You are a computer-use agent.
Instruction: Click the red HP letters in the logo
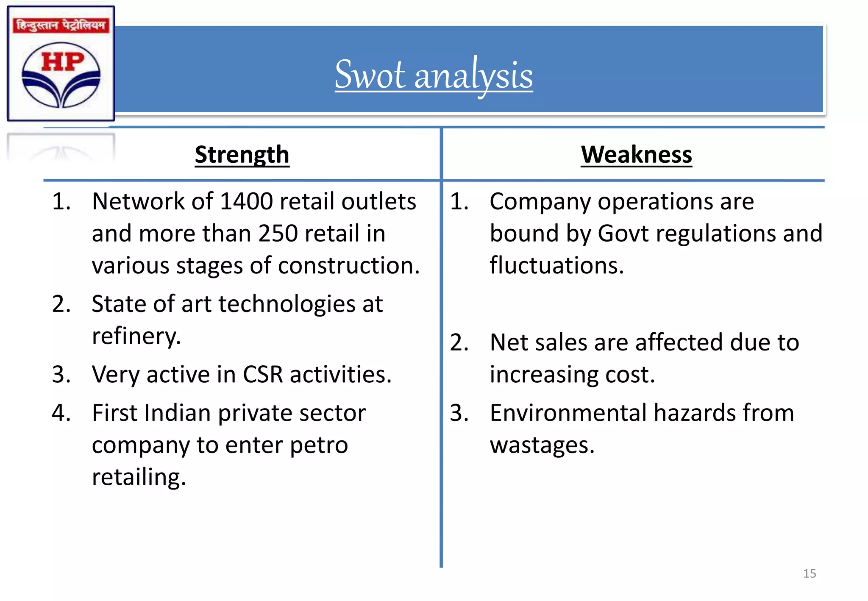pos(62,62)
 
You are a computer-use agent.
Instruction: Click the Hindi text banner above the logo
pos(61,25)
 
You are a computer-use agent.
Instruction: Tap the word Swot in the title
pos(370,75)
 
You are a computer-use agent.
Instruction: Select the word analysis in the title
pos(473,76)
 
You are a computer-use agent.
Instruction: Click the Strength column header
pos(242,154)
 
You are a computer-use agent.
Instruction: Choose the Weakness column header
pos(636,154)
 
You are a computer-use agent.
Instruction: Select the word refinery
pos(136,336)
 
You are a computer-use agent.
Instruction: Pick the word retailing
pos(139,477)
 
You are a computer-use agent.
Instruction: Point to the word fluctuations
pos(556,266)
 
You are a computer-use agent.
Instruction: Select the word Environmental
pos(568,413)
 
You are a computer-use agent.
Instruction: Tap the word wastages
pos(542,445)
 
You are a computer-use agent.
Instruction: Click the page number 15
pos(809,573)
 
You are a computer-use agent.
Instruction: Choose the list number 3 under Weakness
pos(459,413)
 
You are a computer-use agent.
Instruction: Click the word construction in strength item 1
pos(348,266)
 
